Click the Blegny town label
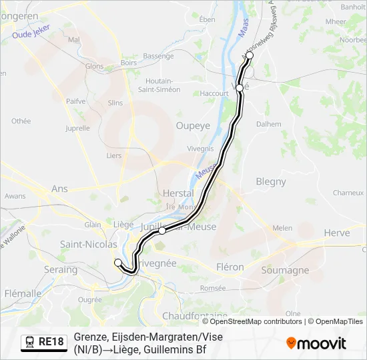[270, 181]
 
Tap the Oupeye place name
[193, 125]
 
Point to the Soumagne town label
[285, 271]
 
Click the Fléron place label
[230, 267]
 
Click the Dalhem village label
[268, 123]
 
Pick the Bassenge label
[158, 56]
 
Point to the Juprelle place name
[78, 127]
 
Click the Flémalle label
[23, 293]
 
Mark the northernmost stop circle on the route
[250, 56]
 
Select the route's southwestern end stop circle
[118, 262]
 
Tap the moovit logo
[316, 343]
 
